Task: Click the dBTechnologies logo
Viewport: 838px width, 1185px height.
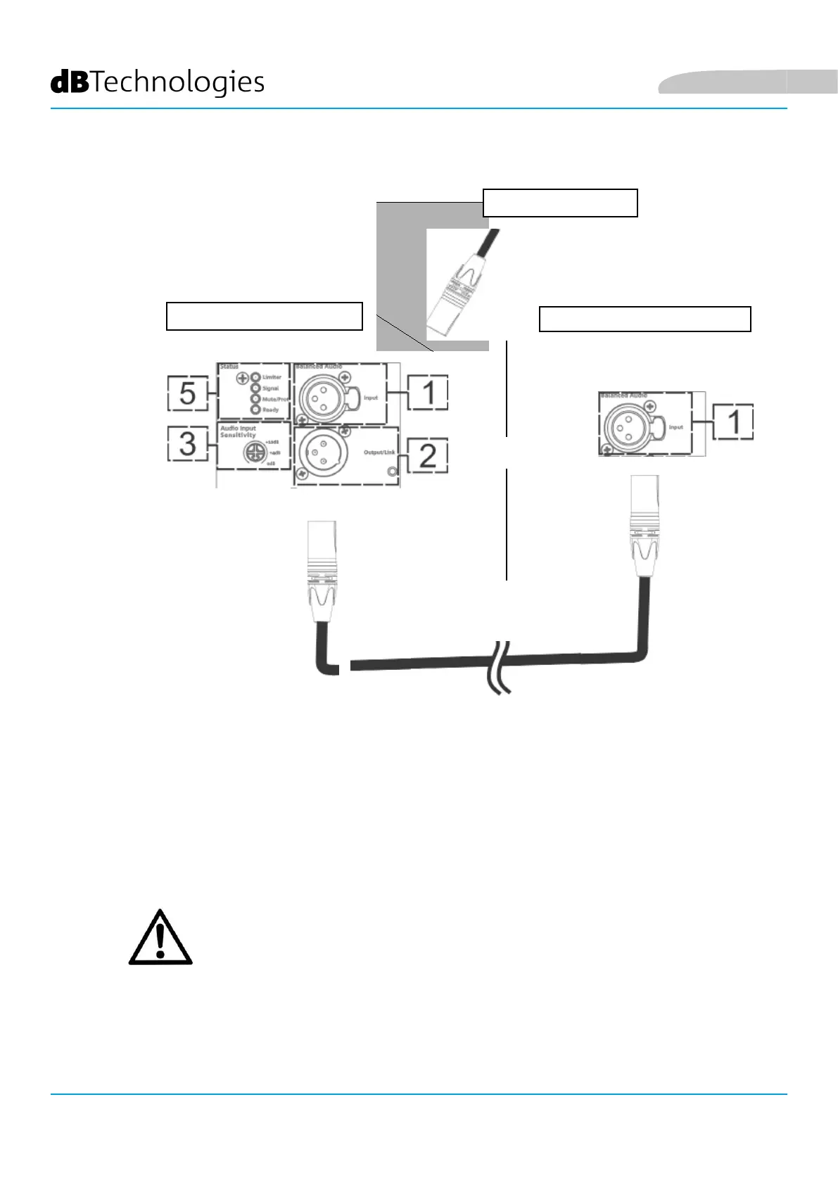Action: point(158,82)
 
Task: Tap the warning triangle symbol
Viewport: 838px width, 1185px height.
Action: point(160,938)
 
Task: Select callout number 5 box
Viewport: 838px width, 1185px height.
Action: point(187,393)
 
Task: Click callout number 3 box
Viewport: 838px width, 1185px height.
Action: point(187,443)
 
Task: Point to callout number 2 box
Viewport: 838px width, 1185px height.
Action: point(427,456)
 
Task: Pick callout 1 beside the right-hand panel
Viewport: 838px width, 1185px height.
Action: point(733,422)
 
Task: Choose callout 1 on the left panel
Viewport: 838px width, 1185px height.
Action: point(428,393)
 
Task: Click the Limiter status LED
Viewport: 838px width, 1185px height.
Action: point(256,377)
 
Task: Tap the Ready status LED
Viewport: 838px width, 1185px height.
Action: point(256,409)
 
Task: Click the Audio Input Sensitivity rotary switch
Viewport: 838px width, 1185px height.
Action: point(253,452)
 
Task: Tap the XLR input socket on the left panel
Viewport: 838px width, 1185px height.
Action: point(321,398)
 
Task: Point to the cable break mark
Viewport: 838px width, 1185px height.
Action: point(500,667)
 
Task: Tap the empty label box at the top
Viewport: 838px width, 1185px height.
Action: point(560,203)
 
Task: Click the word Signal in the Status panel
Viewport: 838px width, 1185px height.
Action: point(271,388)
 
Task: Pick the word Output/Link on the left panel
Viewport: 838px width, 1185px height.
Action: point(379,452)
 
